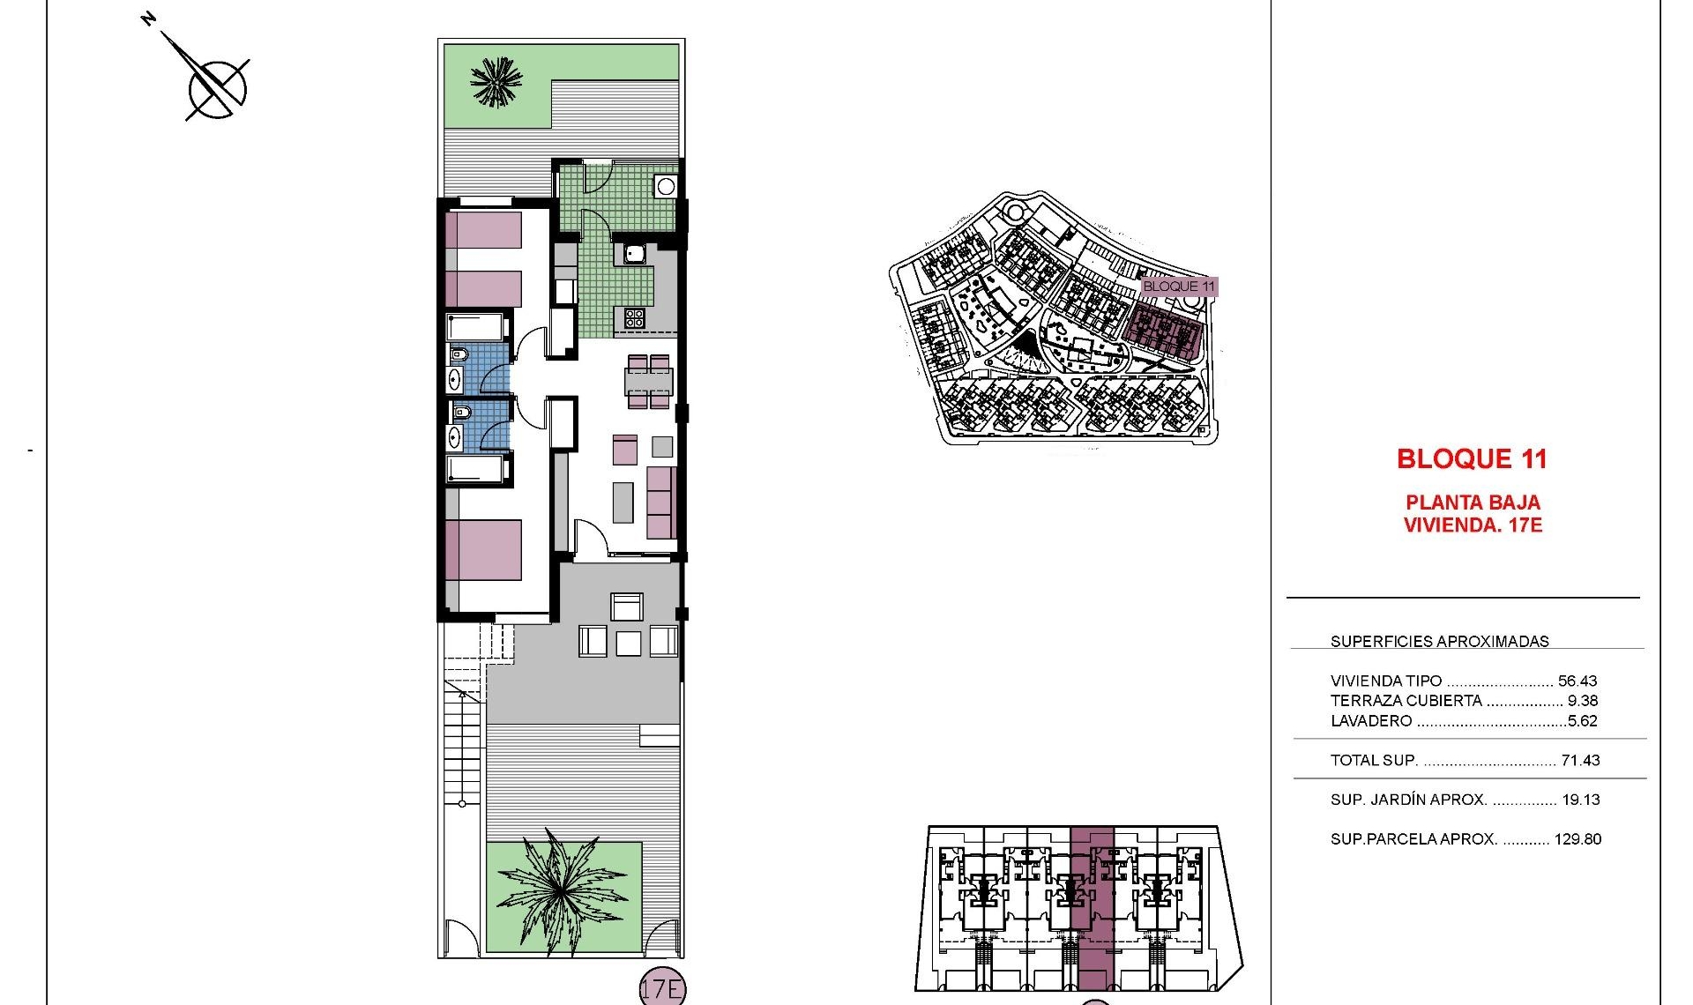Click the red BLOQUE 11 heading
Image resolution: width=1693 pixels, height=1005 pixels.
(1472, 458)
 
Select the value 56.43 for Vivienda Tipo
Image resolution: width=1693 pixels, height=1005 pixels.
(1577, 681)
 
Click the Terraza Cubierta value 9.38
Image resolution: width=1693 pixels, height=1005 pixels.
(1582, 701)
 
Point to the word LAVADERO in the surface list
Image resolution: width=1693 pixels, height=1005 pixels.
(1371, 721)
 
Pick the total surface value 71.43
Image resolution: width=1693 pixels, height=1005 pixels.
(1580, 760)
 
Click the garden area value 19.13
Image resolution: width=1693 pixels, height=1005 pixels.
(1580, 800)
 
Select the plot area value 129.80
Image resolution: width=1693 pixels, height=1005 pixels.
(1577, 839)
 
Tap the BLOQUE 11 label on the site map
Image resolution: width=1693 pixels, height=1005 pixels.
(1178, 286)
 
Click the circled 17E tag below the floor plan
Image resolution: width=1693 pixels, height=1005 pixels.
(661, 989)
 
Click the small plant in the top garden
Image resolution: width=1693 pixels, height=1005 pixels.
(497, 83)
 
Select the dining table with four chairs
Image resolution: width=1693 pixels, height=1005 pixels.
(649, 382)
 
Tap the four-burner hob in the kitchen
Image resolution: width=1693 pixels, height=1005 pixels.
(634, 317)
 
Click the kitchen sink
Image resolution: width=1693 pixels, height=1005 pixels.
(635, 254)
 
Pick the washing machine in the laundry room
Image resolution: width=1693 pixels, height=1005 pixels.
(665, 186)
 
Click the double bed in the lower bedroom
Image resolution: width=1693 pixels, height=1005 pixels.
(483, 550)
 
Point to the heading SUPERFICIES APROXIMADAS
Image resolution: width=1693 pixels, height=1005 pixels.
(1439, 642)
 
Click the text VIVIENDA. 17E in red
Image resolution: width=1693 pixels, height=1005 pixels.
(1473, 525)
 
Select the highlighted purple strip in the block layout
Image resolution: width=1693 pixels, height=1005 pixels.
(1092, 908)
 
